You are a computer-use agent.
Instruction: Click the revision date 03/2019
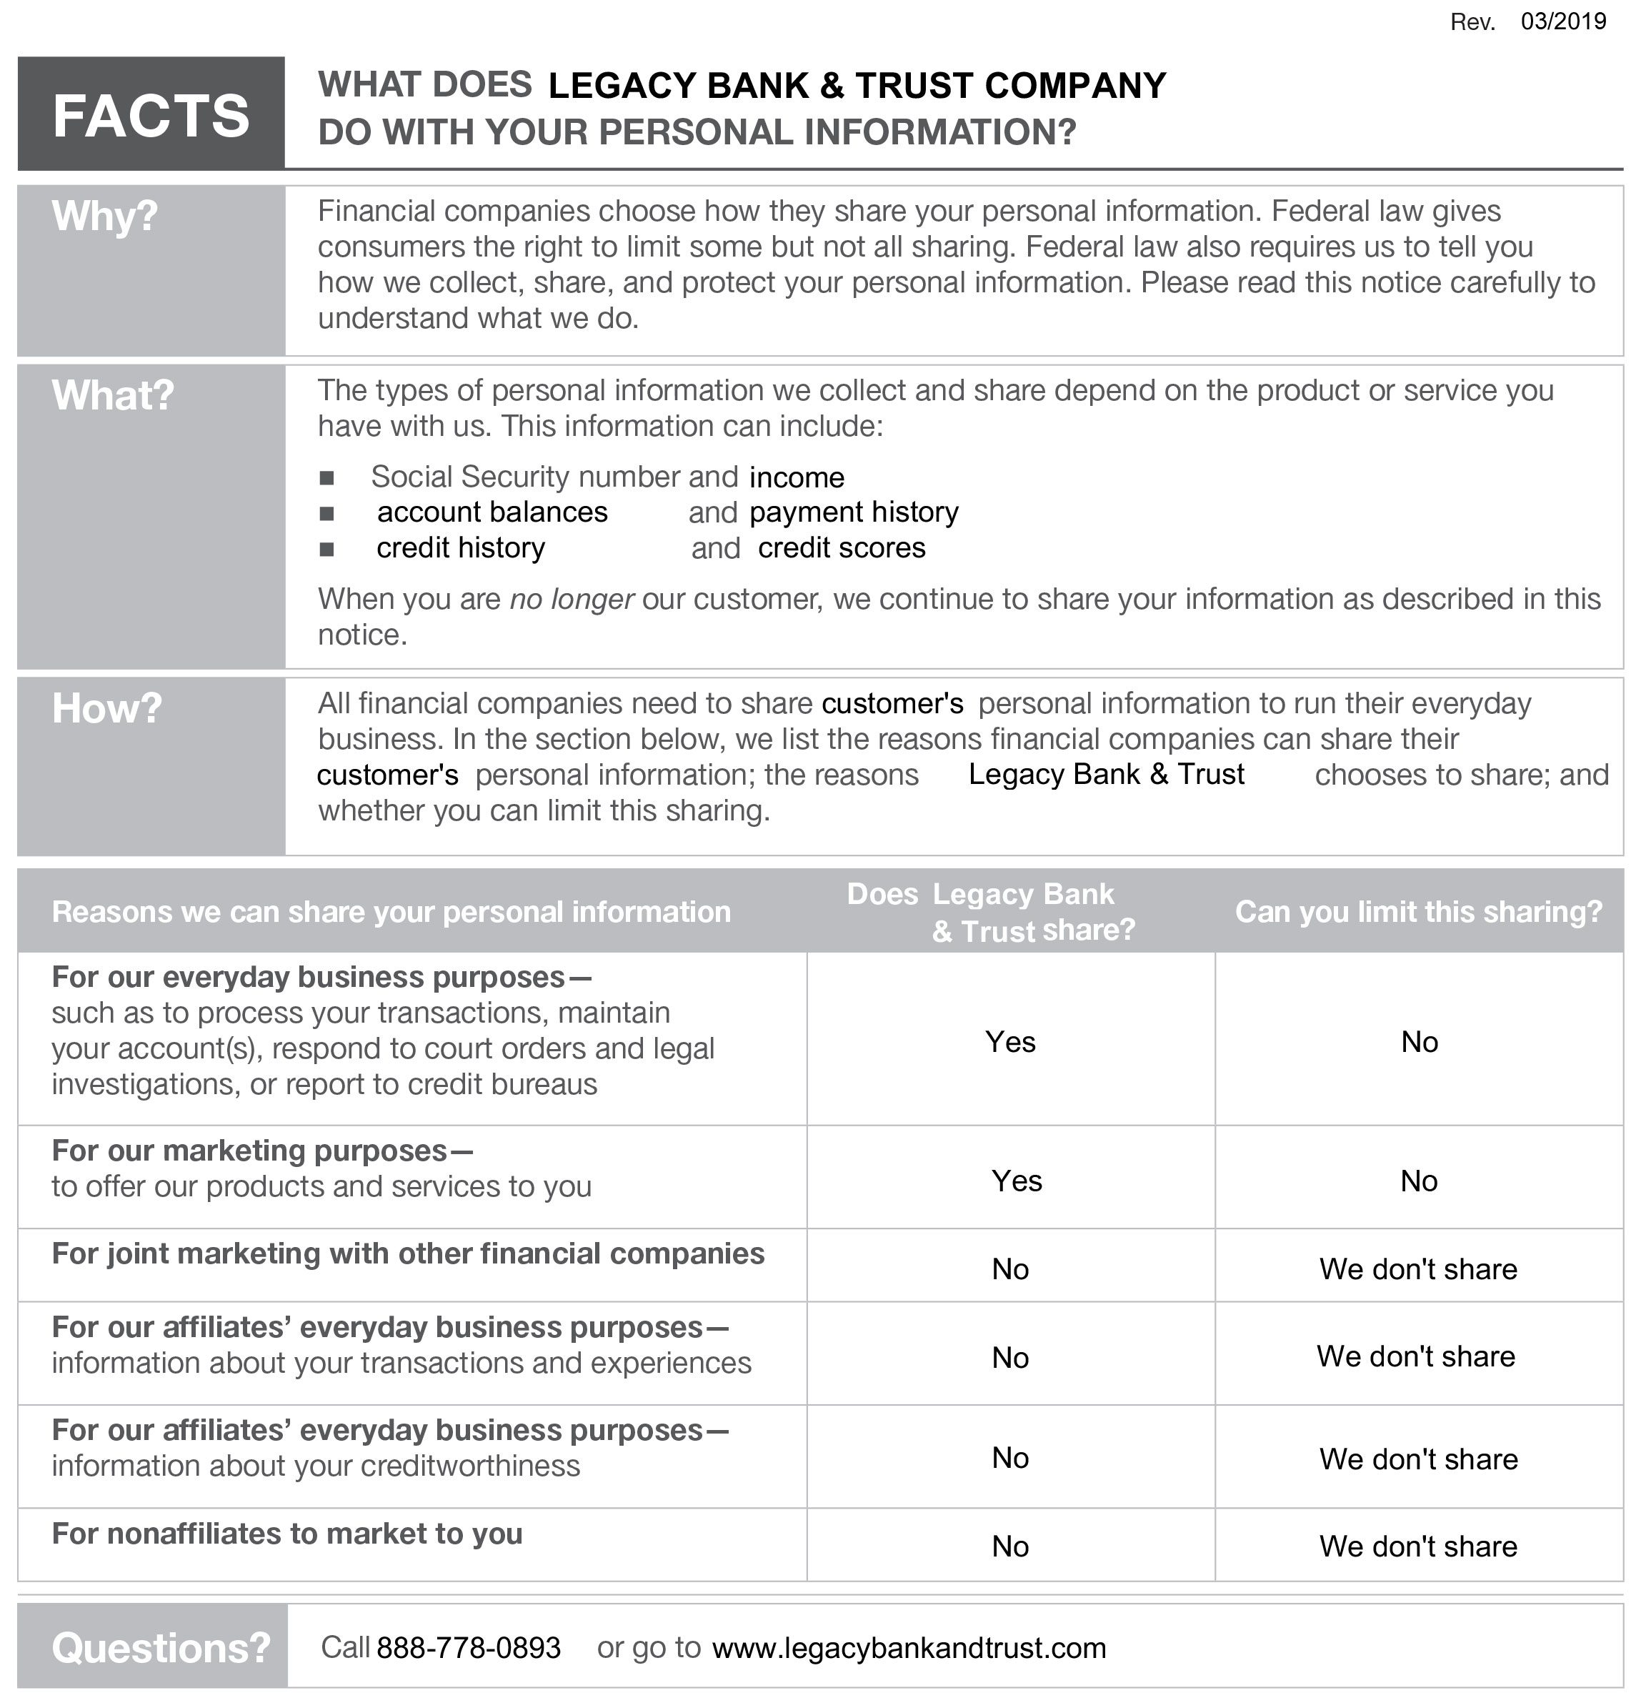pos(1562,21)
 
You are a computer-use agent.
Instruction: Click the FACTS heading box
pos(151,114)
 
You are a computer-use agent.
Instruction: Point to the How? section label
pos(106,708)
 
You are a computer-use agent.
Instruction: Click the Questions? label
pos(161,1648)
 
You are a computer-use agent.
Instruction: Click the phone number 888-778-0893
pos(468,1648)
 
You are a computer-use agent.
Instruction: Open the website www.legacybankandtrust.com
pos(909,1648)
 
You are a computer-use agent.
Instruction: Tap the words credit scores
pos(841,548)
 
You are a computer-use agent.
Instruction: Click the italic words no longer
pos(572,600)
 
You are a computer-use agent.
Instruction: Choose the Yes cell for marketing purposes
pos(1017,1181)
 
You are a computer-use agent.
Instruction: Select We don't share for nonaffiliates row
pos(1417,1546)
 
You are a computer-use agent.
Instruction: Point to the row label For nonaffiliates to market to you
pos(287,1534)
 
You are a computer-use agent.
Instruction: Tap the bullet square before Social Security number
pos(327,478)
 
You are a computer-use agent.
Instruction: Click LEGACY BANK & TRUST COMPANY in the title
pos(857,85)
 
